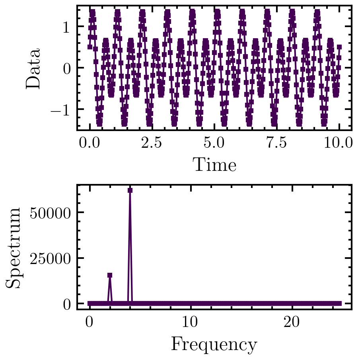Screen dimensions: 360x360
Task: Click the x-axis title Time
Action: click(214, 165)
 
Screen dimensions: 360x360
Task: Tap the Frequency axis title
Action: click(214, 344)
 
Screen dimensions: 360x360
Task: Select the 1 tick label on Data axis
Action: click(65, 27)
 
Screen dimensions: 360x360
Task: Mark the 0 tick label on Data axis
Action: click(65, 68)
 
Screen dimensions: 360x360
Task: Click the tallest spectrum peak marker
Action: click(130, 190)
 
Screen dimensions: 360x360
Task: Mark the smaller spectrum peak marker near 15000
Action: click(110, 275)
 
